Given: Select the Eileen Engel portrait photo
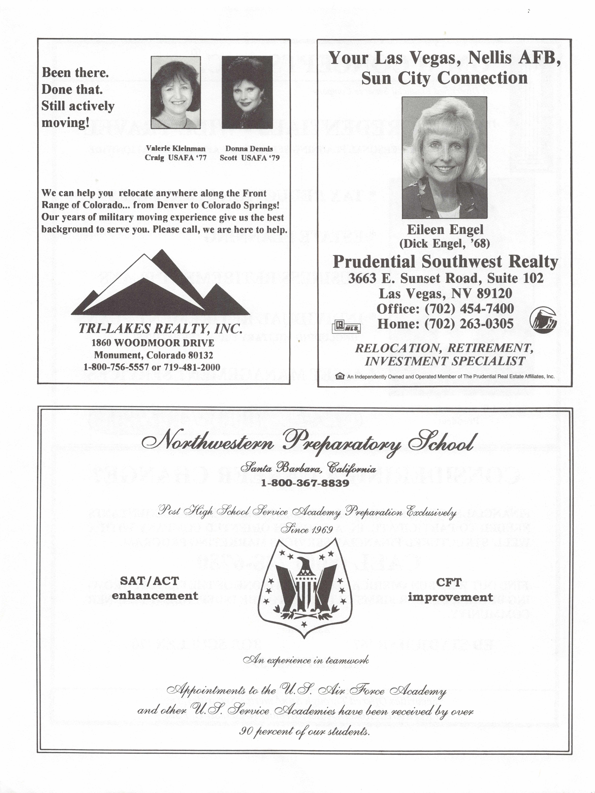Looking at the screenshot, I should tap(444, 158).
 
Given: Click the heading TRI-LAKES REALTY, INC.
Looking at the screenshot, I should tap(160, 329).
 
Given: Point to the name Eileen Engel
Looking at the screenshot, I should tap(445, 229).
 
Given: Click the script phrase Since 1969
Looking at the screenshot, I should tap(307, 529).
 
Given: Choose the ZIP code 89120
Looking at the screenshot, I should tap(495, 294).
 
